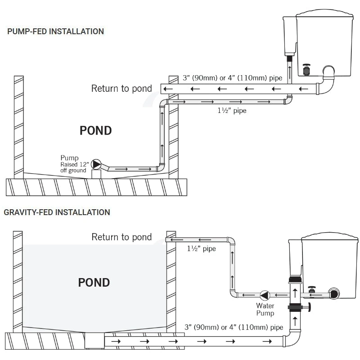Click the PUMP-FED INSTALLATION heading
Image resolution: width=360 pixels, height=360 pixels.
coord(55,31)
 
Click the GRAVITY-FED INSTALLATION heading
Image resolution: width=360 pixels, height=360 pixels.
coord(57,212)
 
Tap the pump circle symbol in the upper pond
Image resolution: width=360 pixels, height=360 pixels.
coord(96,164)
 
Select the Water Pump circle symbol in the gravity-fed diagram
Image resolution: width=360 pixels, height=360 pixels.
coord(265,296)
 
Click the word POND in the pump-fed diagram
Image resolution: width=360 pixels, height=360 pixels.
coord(95,131)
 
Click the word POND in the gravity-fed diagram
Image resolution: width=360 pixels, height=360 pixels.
coord(94,283)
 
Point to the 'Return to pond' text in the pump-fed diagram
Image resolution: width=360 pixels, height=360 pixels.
coord(121,88)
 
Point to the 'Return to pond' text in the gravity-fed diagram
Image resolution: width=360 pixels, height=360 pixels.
coord(121,237)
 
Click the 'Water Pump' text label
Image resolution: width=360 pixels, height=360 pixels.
coord(265,310)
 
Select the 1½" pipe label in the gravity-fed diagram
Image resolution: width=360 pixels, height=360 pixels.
coord(201,248)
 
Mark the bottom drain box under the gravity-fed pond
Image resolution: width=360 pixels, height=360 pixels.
coord(94,341)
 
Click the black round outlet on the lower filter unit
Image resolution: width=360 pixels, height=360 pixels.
coord(333,293)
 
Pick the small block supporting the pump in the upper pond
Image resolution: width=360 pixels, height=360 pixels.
coord(96,174)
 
